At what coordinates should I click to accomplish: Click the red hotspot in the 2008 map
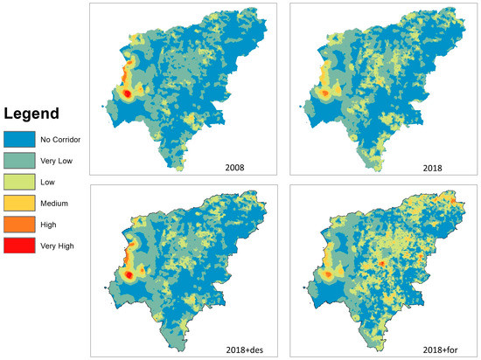click(127, 93)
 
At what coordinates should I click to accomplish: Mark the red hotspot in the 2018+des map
click(128, 274)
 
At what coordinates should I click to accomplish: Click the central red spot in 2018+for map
click(382, 261)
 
